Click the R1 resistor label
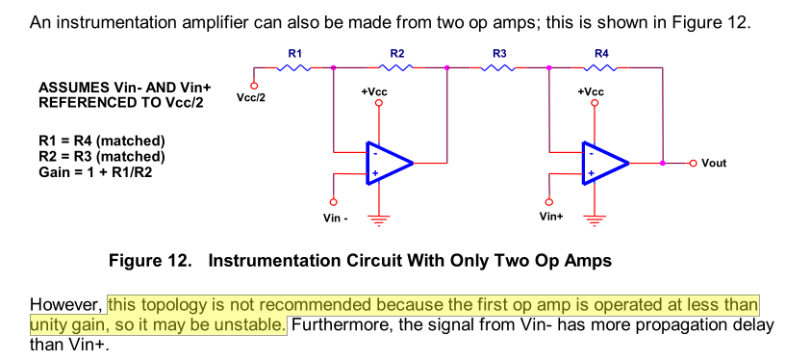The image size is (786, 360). click(x=294, y=54)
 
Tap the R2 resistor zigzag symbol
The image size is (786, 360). click(x=396, y=67)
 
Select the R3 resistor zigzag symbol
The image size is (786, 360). click(x=498, y=67)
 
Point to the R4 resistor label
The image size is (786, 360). click(x=601, y=54)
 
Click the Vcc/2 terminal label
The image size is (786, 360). click(x=251, y=98)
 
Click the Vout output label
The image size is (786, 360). click(x=714, y=163)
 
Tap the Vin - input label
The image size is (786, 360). click(x=336, y=218)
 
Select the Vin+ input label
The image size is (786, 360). click(x=551, y=217)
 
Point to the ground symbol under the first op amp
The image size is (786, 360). click(x=378, y=220)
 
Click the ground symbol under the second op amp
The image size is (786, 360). click(x=595, y=220)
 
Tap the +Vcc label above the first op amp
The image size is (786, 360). click(x=374, y=92)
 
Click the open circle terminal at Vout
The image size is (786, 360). click(x=694, y=163)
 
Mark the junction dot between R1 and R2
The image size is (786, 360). click(x=333, y=67)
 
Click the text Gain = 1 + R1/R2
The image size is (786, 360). click(x=94, y=172)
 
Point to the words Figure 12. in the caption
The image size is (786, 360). click(x=150, y=261)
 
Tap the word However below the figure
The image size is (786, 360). click(x=66, y=305)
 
